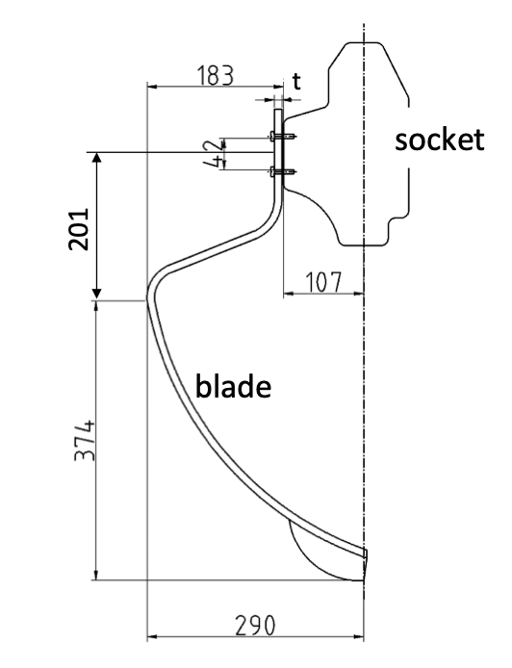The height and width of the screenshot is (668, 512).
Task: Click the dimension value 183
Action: (214, 76)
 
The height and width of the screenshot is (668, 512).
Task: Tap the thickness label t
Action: (295, 83)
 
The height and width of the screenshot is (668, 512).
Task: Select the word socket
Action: (440, 141)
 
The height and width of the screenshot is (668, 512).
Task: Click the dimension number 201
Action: (79, 228)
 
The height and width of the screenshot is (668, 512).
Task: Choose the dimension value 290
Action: (254, 626)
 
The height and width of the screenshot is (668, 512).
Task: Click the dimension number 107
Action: (323, 283)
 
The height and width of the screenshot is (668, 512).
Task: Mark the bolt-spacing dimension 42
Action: (219, 154)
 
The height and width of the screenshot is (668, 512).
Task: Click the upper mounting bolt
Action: (279, 139)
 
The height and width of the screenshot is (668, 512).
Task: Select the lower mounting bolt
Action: (279, 172)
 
